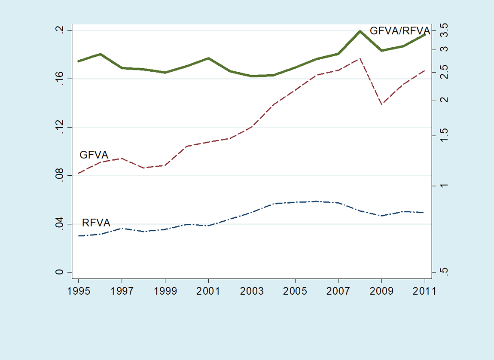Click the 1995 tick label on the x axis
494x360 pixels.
[x=79, y=291]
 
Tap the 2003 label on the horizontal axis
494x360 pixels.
[x=252, y=291]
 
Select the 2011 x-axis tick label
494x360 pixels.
[x=425, y=291]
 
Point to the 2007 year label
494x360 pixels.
[x=338, y=291]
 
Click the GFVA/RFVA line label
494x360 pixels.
[x=400, y=31]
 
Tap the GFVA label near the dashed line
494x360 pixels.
[x=94, y=155]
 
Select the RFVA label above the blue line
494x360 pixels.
[x=96, y=223]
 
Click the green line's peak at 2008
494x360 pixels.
[x=360, y=31]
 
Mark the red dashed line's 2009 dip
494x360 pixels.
[x=382, y=104]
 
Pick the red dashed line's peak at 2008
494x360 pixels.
[x=360, y=58]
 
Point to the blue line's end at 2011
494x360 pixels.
[x=424, y=213]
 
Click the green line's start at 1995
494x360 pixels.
[x=78, y=61]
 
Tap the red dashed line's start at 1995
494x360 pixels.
[x=78, y=173]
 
